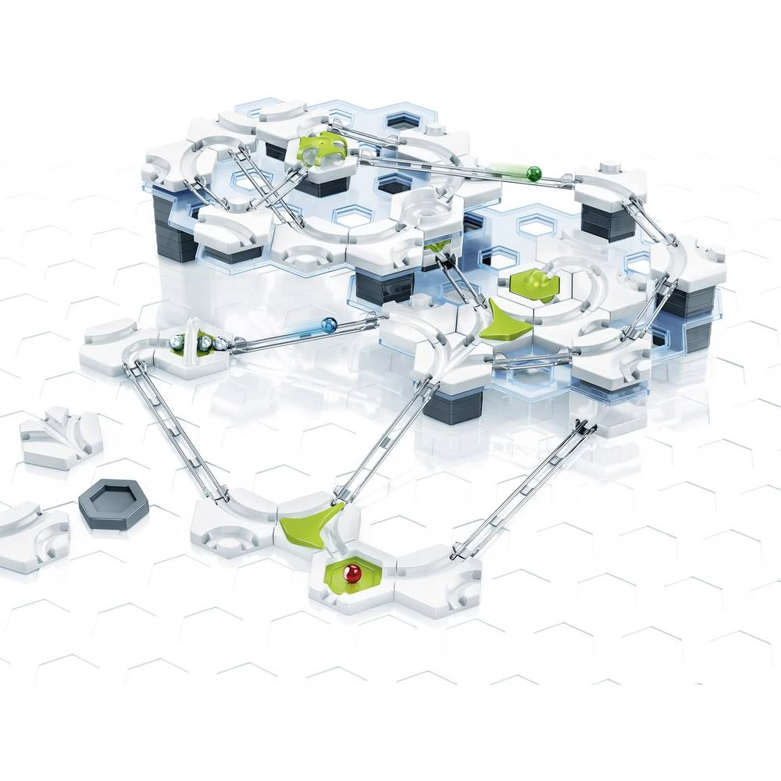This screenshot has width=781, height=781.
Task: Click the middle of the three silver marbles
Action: tap(204, 341)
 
